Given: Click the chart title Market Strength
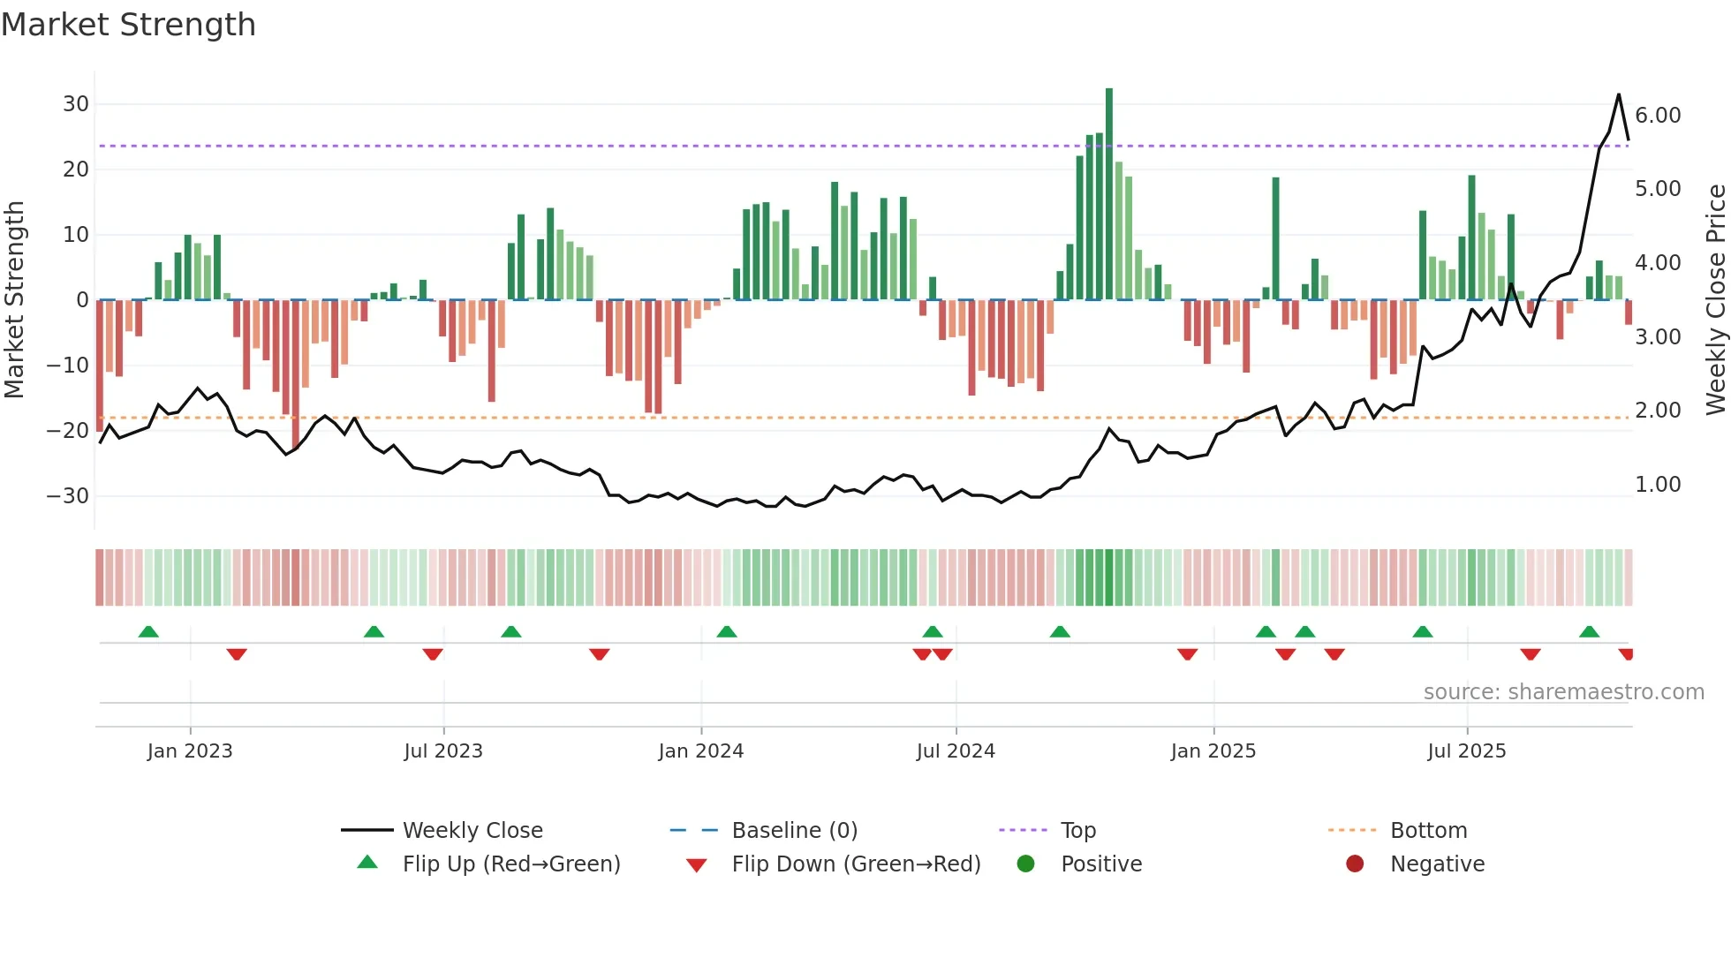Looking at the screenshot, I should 128,25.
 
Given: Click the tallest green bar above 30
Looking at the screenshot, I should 1109,177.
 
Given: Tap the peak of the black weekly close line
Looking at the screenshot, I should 1618,94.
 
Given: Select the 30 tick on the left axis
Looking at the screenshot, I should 76,104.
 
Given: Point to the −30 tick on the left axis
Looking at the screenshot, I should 69,496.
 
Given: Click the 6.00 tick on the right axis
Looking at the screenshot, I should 1658,116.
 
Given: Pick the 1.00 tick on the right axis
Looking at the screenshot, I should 1658,485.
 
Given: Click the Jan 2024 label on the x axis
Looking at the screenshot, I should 701,751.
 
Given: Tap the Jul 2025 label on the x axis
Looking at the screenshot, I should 1467,751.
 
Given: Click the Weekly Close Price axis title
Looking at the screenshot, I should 1715,300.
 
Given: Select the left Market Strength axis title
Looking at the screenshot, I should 14,300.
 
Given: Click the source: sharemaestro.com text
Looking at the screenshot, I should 1563,692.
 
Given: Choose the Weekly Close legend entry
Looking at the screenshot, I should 472,831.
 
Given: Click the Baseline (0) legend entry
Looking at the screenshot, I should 794,831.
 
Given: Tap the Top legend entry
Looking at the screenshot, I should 1077,831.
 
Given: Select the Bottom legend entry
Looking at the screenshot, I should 1428,831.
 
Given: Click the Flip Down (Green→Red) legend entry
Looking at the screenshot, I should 856,864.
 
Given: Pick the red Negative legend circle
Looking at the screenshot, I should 1355,864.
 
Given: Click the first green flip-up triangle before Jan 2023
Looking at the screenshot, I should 148,632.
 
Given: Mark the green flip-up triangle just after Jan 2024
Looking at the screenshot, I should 727,632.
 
